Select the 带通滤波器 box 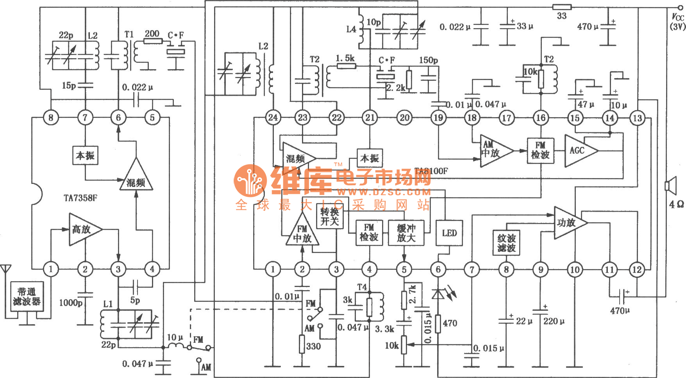tap(27, 296)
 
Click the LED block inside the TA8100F tap(449, 233)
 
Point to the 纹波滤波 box tap(506, 243)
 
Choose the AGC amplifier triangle tap(579, 151)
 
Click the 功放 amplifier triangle tap(568, 223)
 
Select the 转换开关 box tap(329, 217)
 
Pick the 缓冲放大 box tap(406, 233)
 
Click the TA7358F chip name tap(80, 198)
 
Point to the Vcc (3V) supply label tap(678, 21)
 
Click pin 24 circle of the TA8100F tap(273, 117)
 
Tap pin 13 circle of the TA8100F tap(637, 118)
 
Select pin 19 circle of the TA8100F tap(438, 118)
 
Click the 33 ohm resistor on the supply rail tap(562, 7)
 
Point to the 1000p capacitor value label tap(71, 303)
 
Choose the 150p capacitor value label tap(428, 60)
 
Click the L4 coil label tap(351, 29)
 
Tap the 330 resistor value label tap(313, 346)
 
